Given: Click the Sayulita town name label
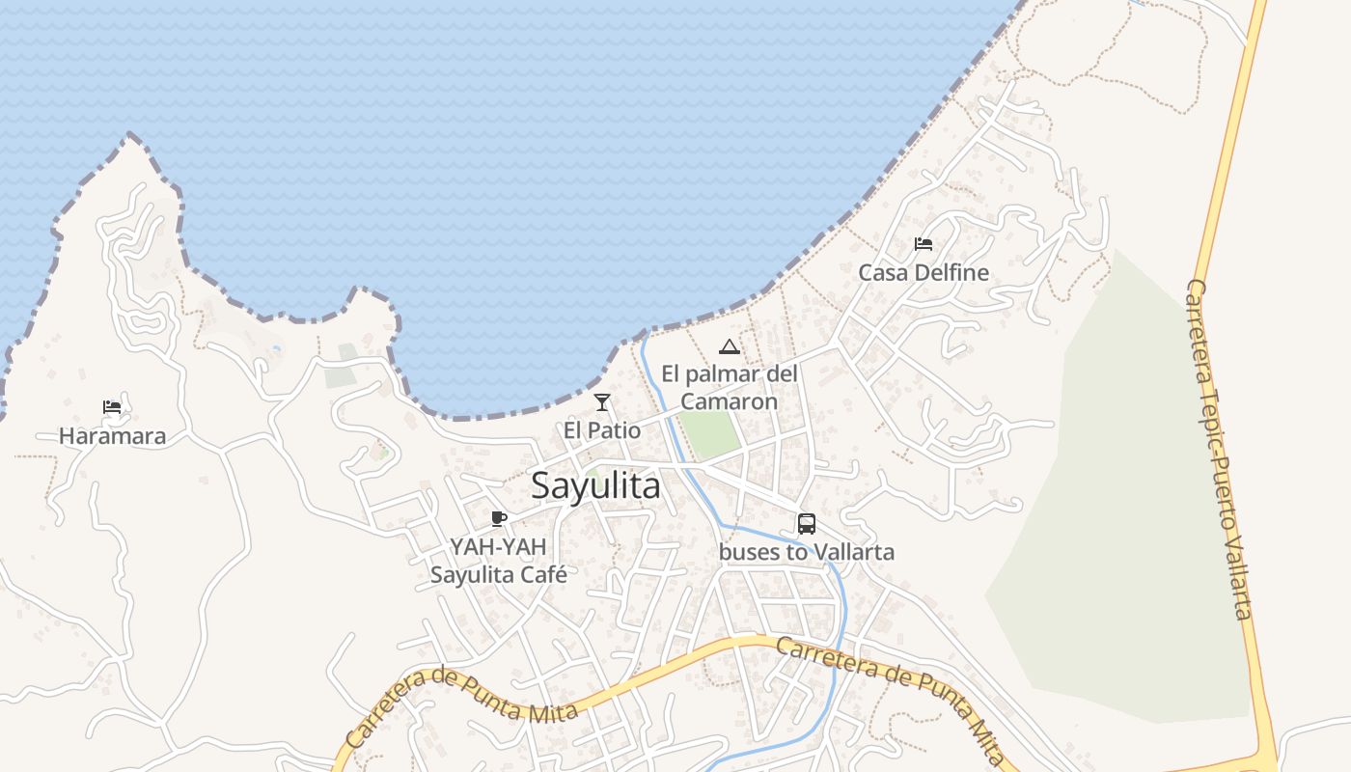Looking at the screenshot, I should pyautogui.click(x=595, y=485).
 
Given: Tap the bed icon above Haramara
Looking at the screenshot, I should pyautogui.click(x=112, y=407).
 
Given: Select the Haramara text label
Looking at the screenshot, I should pyautogui.click(x=112, y=436).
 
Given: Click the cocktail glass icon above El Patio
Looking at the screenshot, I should pyautogui.click(x=602, y=401).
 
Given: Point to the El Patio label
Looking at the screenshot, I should pyautogui.click(x=602, y=430).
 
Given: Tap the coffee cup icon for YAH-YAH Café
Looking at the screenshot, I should pyautogui.click(x=498, y=519).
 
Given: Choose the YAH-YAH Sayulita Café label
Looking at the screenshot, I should pyautogui.click(x=498, y=561).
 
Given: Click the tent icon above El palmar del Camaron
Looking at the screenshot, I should pyautogui.click(x=729, y=346).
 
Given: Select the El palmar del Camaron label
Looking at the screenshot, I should pyautogui.click(x=729, y=387).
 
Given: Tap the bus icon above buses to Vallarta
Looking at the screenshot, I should pyautogui.click(x=807, y=524).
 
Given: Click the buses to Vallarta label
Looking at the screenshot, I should pyautogui.click(x=807, y=553).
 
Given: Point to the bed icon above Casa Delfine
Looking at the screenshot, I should pyautogui.click(x=924, y=244).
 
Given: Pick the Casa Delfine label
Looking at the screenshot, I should pyautogui.click(x=924, y=273).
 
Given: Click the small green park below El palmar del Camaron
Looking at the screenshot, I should pyautogui.click(x=709, y=435).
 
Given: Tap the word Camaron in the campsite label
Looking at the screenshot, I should pyautogui.click(x=729, y=401).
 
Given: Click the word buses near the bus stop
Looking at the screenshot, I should pyautogui.click(x=746, y=553).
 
